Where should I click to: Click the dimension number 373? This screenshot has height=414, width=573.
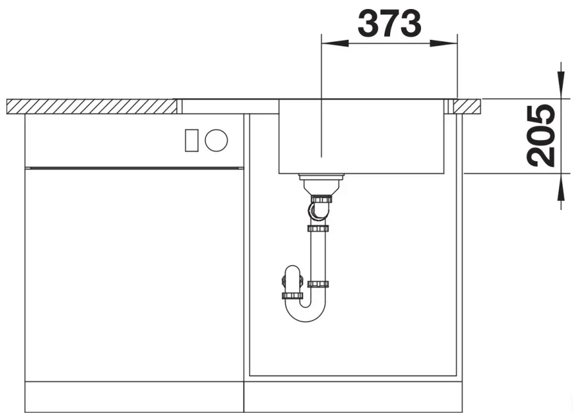pos(389,23)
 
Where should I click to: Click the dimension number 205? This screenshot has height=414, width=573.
pos(541,135)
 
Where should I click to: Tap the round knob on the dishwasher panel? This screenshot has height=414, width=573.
pos(216,141)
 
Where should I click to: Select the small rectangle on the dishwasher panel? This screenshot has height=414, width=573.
pos(191,141)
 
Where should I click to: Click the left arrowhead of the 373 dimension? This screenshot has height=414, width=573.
pos(334,44)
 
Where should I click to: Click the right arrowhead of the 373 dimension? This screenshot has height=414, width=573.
pos(443,44)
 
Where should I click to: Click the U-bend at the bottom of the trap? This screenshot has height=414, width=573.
pos(306,315)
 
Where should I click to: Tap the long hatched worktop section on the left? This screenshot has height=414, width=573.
pos(91,107)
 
